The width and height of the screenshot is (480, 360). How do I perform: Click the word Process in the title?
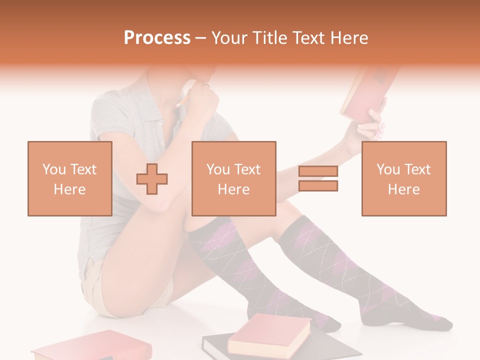(157, 38)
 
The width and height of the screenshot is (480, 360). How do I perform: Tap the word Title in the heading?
(269, 38)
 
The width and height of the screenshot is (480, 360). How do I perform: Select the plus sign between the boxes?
(152, 179)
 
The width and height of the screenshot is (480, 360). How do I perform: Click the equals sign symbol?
(318, 178)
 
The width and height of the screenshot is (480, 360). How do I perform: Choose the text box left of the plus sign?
(69, 178)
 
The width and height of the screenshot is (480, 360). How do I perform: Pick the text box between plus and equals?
(233, 178)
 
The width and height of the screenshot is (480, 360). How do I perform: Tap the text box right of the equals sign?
(403, 178)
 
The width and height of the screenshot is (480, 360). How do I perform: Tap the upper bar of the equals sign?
(318, 171)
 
